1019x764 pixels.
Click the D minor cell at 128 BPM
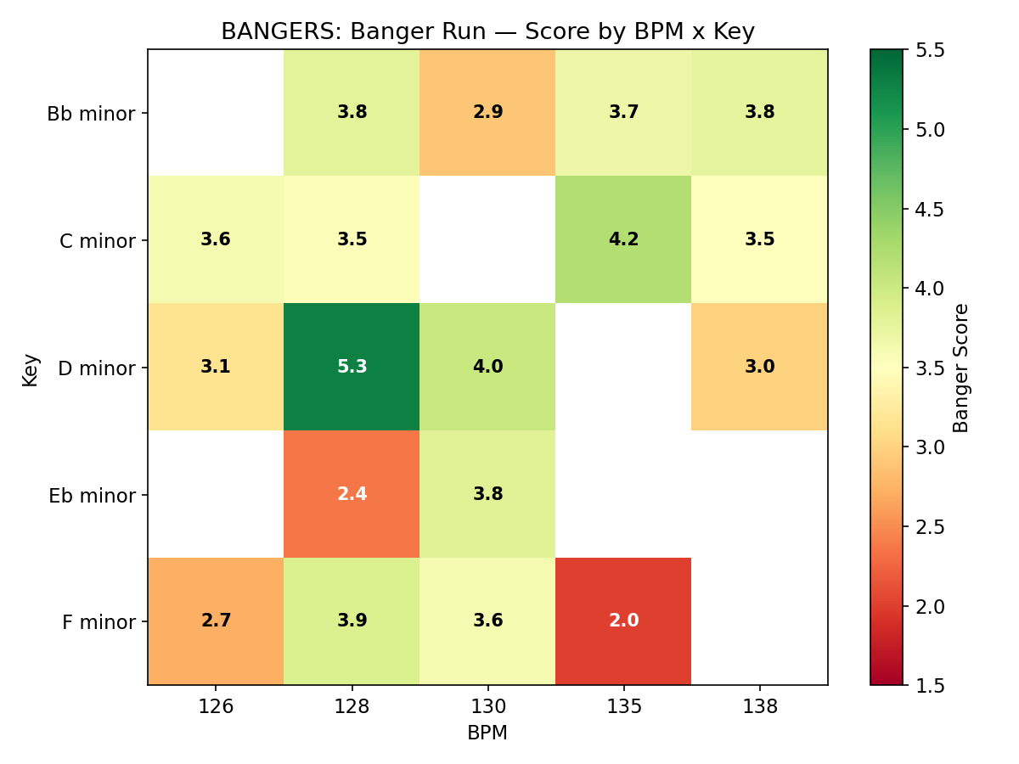point(352,367)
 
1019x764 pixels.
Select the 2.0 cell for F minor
point(623,621)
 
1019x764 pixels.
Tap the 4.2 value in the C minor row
point(623,239)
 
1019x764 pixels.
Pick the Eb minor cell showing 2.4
point(352,494)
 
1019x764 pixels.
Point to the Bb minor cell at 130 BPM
point(487,112)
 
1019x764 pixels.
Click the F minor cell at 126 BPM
point(216,621)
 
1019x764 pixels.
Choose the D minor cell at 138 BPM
point(759,367)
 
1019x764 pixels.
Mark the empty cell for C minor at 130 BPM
point(487,239)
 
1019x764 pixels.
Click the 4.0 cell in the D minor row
point(487,367)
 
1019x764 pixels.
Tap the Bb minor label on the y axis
point(91,114)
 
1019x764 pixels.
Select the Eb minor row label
point(91,496)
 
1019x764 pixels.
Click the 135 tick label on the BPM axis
point(623,707)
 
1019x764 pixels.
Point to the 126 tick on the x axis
point(216,707)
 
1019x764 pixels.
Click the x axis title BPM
point(487,733)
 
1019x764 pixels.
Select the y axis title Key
point(31,370)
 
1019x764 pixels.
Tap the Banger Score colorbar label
point(961,368)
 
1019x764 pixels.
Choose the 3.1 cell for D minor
point(216,367)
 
